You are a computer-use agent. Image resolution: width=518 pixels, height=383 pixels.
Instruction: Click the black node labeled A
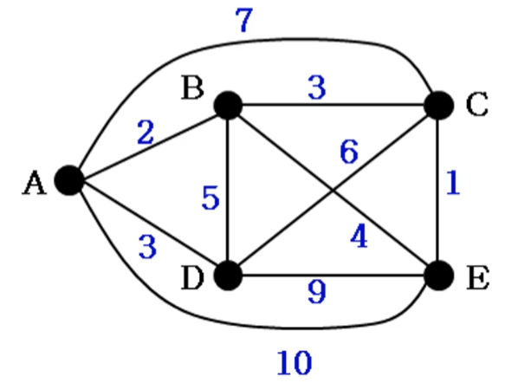click(x=69, y=180)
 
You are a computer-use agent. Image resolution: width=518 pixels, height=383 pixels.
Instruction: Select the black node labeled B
click(x=228, y=106)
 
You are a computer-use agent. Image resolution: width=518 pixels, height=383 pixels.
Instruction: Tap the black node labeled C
click(x=438, y=106)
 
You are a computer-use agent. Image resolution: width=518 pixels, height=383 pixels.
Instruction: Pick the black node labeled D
click(x=228, y=276)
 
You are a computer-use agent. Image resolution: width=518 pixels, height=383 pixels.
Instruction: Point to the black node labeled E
click(x=438, y=276)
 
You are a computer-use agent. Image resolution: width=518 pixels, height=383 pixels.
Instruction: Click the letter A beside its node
click(x=34, y=183)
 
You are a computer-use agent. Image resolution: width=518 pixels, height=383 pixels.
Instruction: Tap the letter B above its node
click(x=192, y=88)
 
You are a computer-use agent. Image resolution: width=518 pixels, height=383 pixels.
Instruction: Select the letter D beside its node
click(x=191, y=278)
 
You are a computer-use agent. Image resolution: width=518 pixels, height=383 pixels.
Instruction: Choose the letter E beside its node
click(x=478, y=278)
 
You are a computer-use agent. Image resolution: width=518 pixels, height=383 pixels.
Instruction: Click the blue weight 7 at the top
click(x=244, y=20)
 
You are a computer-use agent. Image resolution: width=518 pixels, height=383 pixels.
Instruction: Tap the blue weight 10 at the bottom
click(x=295, y=363)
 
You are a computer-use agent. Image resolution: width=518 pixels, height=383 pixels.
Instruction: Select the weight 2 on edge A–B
click(x=146, y=133)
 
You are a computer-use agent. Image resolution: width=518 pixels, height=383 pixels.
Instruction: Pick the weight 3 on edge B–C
click(x=317, y=88)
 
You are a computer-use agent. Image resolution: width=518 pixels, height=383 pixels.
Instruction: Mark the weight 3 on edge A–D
click(x=147, y=246)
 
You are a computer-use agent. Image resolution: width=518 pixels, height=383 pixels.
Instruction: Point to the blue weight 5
click(x=210, y=198)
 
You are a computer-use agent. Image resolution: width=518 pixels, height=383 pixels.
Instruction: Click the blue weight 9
click(x=317, y=292)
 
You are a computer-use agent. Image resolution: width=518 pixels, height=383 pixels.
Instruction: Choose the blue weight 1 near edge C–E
click(x=453, y=183)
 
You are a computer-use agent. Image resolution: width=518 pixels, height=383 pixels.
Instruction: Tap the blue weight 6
click(x=349, y=152)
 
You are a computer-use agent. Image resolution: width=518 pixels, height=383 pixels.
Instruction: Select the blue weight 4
click(x=359, y=237)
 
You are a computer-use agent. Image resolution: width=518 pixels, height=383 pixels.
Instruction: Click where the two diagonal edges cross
click(x=333, y=191)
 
